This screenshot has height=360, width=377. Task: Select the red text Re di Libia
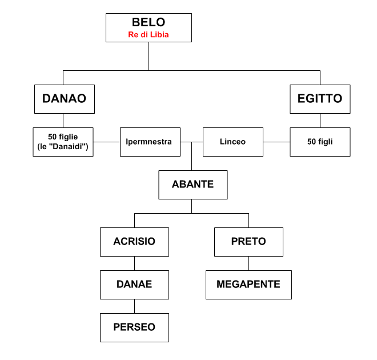tap(149, 35)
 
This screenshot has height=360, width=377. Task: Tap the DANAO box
tap(64, 98)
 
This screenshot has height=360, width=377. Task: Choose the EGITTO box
tap(320, 98)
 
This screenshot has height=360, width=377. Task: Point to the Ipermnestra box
tap(150, 142)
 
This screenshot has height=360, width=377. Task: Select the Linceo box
tap(232, 142)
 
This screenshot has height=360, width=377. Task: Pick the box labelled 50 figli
tap(320, 142)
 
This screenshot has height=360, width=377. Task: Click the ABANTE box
tap(192, 185)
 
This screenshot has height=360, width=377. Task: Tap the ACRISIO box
tap(134, 242)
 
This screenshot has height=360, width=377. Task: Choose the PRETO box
tap(248, 242)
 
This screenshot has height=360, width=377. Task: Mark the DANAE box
tap(134, 284)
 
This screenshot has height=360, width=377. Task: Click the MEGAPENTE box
tap(248, 284)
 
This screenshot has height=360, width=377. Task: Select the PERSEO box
tap(134, 327)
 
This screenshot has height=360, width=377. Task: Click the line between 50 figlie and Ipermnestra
tap(106, 142)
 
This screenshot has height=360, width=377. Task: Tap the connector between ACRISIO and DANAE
tap(134, 263)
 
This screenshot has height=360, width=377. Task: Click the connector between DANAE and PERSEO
tap(134, 306)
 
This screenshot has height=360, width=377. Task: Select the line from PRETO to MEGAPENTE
tap(248, 263)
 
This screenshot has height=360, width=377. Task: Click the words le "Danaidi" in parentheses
tap(63, 147)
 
